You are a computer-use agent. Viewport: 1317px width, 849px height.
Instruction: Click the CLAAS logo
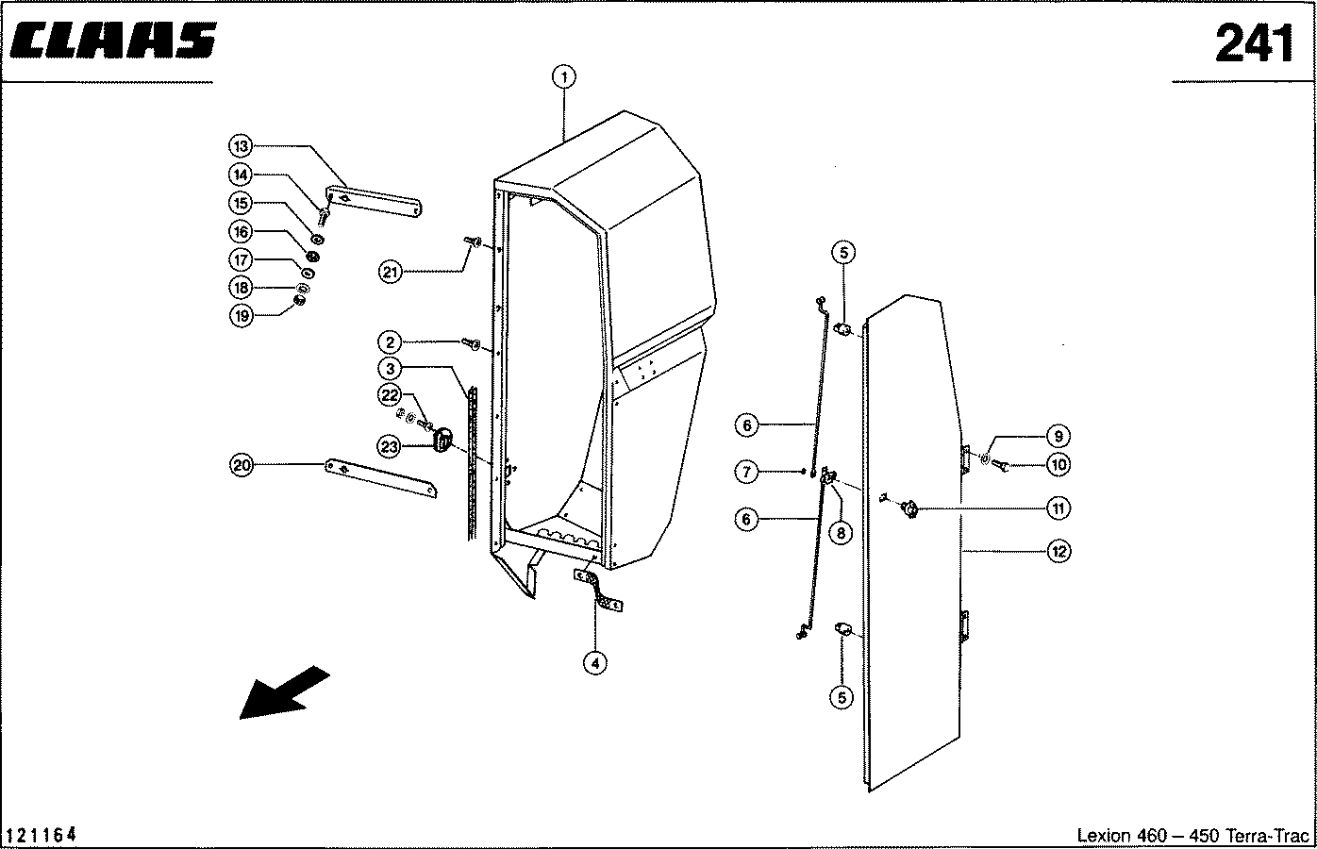[x=113, y=41]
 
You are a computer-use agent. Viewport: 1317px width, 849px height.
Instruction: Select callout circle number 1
[x=564, y=77]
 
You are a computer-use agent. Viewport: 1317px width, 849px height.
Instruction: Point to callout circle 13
[x=241, y=146]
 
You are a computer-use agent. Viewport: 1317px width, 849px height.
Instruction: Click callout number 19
[x=242, y=316]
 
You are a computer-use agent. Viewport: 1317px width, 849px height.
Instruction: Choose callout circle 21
[x=391, y=273]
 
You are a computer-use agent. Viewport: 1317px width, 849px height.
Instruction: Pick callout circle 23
[x=390, y=447]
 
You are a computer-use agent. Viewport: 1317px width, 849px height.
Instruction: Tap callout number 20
[x=242, y=466]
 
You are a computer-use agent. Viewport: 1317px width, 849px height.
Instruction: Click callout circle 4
[x=595, y=663]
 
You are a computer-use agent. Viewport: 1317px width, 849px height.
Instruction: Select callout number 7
[x=746, y=472]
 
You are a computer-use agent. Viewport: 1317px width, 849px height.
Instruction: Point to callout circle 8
[x=841, y=533]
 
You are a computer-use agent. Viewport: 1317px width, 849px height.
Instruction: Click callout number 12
[x=1059, y=552]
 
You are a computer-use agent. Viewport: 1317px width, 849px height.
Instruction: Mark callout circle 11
[x=1059, y=508]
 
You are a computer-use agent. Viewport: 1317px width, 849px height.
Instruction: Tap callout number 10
[x=1059, y=465]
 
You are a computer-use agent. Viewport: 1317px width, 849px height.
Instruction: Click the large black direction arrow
[x=285, y=692]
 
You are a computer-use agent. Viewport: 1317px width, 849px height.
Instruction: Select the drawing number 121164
[x=41, y=835]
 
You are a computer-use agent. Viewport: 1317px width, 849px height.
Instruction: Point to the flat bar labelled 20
[x=381, y=478]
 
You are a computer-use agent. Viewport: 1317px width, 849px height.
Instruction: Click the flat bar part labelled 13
[x=374, y=202]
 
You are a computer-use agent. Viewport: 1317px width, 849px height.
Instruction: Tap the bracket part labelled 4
[x=598, y=590]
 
